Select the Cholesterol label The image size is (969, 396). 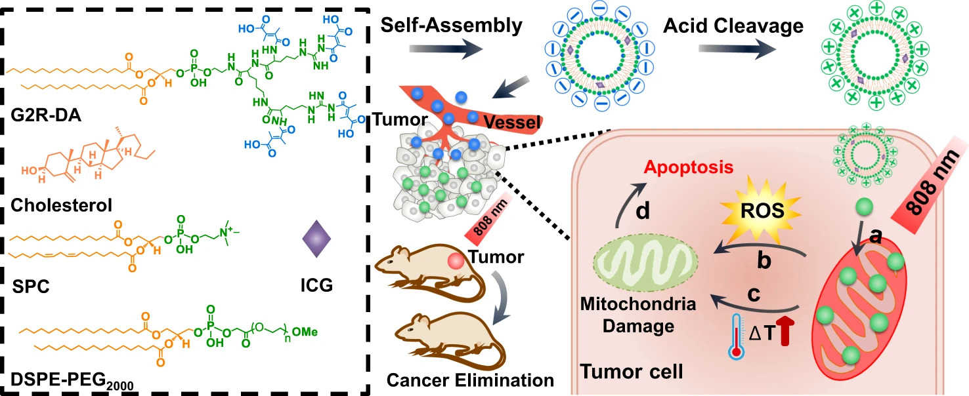[x=62, y=206]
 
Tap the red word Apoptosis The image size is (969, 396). [x=687, y=167]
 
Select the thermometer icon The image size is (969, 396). [x=739, y=334]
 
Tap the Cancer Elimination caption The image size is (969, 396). [x=470, y=380]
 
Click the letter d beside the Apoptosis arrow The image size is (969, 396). [x=644, y=212]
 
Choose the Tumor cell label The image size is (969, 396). [x=631, y=372]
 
